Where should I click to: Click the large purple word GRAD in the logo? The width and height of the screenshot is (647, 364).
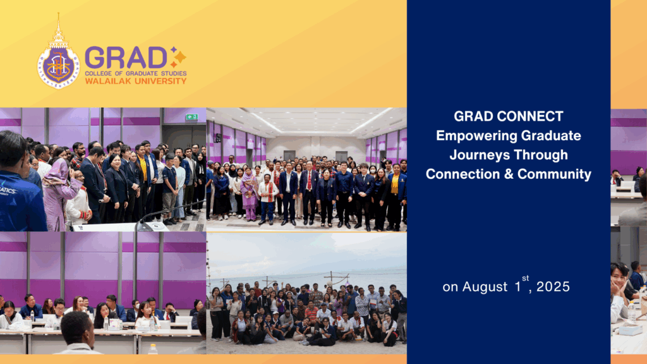click(126, 58)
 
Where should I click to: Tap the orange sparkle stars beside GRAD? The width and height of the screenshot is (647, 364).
click(178, 57)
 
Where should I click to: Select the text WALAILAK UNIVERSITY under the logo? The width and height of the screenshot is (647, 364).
click(136, 81)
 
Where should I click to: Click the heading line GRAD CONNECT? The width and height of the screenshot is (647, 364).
click(508, 117)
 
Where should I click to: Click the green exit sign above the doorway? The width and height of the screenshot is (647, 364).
click(191, 117)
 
